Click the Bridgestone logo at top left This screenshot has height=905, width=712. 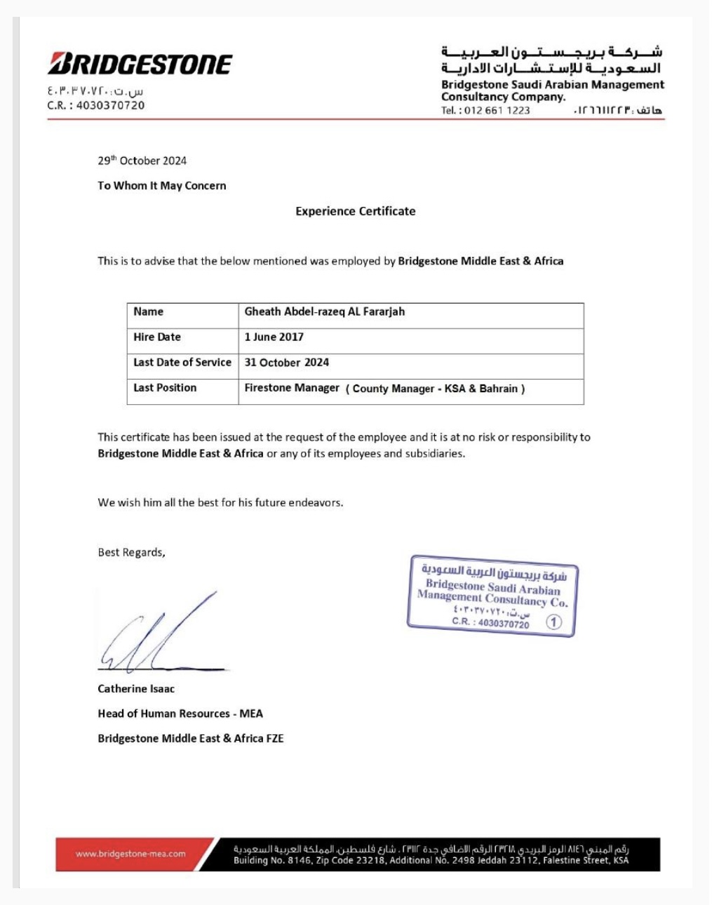(x=140, y=64)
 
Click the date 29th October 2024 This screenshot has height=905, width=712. (x=142, y=161)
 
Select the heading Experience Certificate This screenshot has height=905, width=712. (x=355, y=211)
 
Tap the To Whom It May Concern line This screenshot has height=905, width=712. (x=161, y=186)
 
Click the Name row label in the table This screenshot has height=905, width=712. (x=148, y=312)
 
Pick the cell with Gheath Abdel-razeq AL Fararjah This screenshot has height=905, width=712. (x=324, y=312)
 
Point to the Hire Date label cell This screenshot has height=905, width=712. (x=157, y=337)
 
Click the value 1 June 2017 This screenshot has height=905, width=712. (x=274, y=337)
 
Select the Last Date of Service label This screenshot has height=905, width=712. (x=182, y=363)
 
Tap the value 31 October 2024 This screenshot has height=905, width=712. (x=286, y=363)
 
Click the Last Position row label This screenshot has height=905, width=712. (x=165, y=388)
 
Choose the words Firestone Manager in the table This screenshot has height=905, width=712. (x=292, y=388)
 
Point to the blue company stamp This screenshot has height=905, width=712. (x=492, y=596)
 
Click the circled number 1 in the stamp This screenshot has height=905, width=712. (x=554, y=622)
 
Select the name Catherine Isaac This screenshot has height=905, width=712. (x=136, y=689)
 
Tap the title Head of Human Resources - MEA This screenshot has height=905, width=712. (x=180, y=714)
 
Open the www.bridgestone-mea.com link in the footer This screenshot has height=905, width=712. (x=130, y=854)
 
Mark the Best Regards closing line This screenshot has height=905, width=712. (x=131, y=553)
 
